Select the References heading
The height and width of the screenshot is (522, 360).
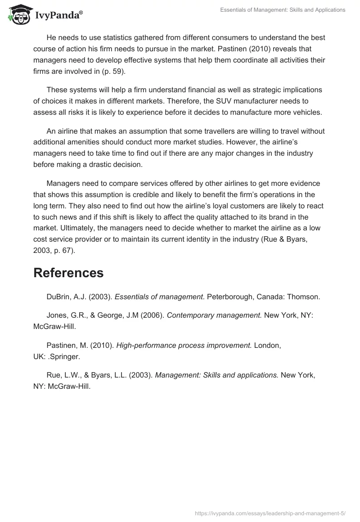point(68,273)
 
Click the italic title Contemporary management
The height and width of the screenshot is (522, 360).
point(214,315)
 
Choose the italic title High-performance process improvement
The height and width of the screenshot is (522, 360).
point(184,345)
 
